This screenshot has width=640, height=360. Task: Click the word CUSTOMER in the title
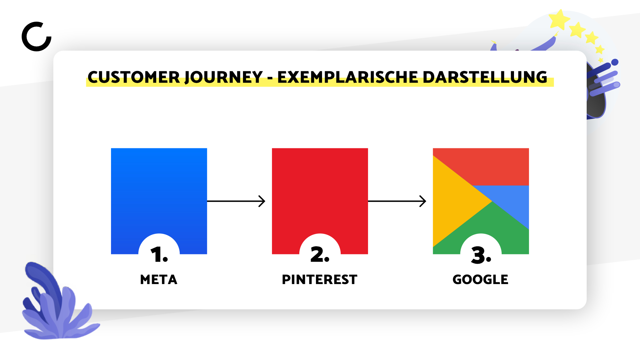coord(134,77)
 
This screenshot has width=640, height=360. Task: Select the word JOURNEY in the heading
coord(224,77)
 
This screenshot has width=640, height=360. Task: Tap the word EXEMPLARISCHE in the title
coord(348,77)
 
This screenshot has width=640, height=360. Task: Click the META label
coord(159,279)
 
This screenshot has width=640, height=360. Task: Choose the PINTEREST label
coord(320,279)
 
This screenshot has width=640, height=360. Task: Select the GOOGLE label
coord(480,279)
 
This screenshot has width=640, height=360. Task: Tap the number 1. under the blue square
coord(159,255)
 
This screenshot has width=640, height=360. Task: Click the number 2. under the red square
coord(320,255)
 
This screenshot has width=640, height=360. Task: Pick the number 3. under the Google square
coord(481,255)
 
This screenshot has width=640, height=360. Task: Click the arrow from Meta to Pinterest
coord(236,201)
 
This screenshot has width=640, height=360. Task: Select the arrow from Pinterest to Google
coord(397,201)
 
